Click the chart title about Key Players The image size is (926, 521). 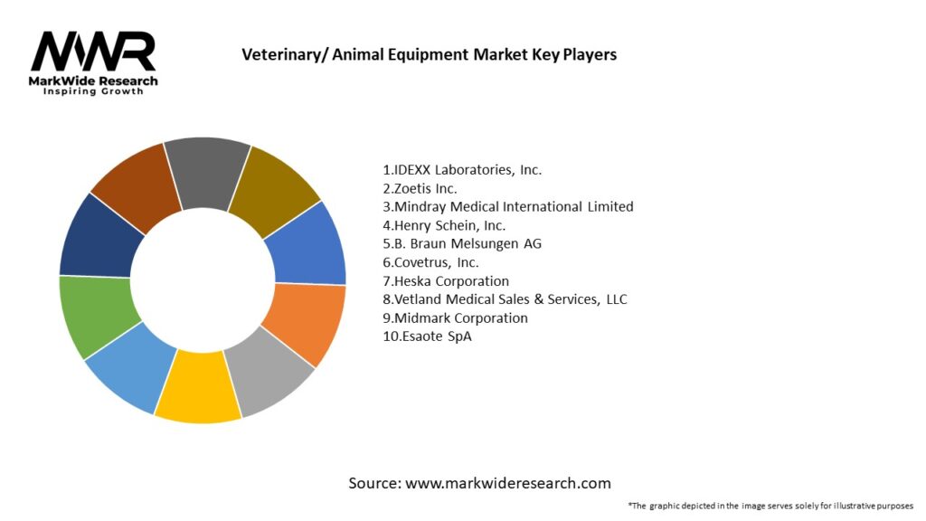point(429,54)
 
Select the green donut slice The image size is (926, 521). point(96,317)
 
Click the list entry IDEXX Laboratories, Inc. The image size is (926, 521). point(462,169)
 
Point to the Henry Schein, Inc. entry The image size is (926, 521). point(444,225)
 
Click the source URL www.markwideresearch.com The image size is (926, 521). point(508,483)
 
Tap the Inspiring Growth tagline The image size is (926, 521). point(93,92)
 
